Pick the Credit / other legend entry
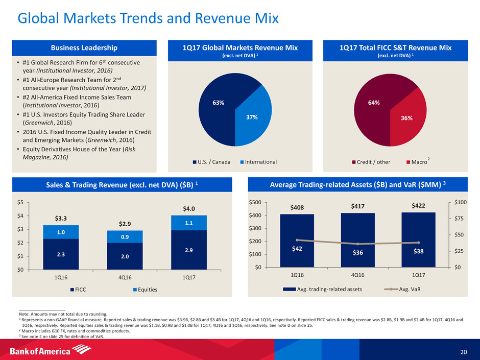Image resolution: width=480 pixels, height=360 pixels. (371, 162)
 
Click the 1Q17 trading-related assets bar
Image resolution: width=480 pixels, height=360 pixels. (418, 240)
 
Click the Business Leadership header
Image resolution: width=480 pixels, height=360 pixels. (86, 48)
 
